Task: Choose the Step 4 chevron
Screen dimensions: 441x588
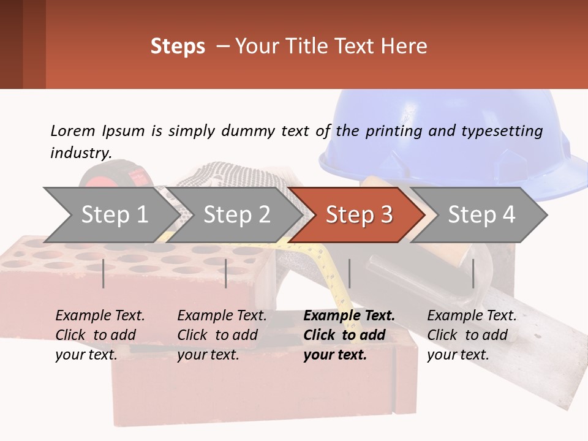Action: [x=481, y=215]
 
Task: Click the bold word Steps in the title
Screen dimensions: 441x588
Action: [x=178, y=46]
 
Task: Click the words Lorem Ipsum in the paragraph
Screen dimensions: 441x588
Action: [x=97, y=131]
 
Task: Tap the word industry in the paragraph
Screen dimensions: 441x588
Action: [x=81, y=153]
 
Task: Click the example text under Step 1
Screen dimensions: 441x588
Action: [x=100, y=335]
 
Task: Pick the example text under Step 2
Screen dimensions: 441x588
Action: [x=222, y=335]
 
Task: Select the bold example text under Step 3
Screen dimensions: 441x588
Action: [x=349, y=335]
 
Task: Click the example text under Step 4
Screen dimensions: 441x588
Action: [x=472, y=335]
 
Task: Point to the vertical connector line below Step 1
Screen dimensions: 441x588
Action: [x=104, y=273]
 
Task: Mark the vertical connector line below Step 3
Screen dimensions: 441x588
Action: [x=349, y=273]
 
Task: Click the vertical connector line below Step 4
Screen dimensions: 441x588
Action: [x=473, y=273]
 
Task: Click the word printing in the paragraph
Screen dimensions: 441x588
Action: [x=388, y=131]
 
